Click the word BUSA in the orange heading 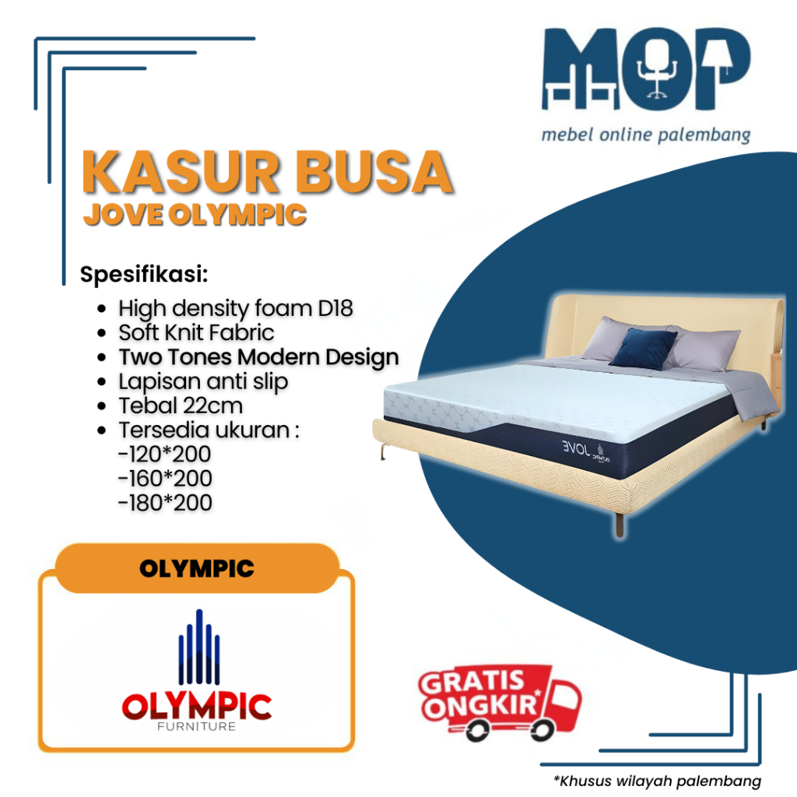tap(381, 174)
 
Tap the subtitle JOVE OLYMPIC tap(195, 215)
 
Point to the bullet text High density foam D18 tap(235, 308)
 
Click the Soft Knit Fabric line tap(196, 332)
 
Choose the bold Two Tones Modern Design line tap(258, 357)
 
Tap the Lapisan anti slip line tap(203, 381)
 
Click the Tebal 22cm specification tap(181, 406)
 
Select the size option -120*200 tap(165, 454)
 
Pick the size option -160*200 tap(165, 478)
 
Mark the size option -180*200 tap(165, 502)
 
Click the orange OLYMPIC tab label tap(197, 569)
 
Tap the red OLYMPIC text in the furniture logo tap(197, 706)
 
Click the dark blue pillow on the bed tap(642, 348)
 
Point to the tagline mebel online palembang tap(646, 135)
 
